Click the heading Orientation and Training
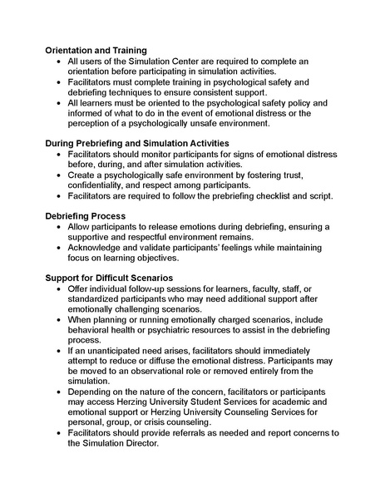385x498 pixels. pyautogui.click(x=96, y=50)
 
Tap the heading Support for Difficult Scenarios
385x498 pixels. pyautogui.click(x=109, y=277)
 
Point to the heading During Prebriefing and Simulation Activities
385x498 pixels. pyautogui.click(x=136, y=144)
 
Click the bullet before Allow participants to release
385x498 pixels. pyautogui.click(x=56, y=227)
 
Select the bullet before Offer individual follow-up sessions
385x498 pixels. pyautogui.click(x=56, y=288)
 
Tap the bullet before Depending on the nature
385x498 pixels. pyautogui.click(x=56, y=391)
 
